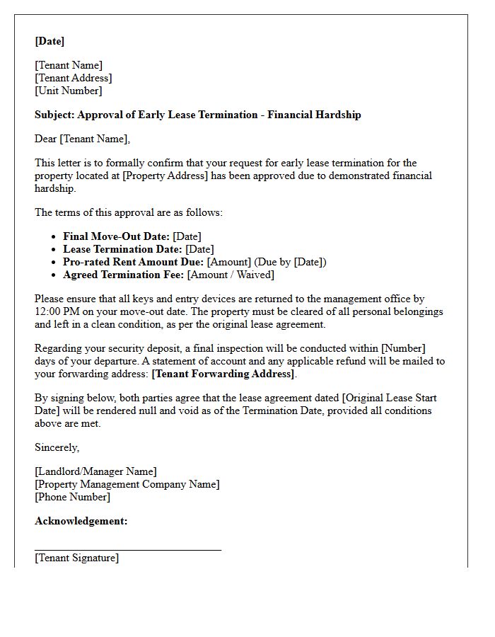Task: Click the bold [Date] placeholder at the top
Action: tap(49, 41)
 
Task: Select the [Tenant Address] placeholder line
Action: tap(73, 78)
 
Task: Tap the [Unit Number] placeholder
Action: tap(68, 91)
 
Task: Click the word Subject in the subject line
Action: tap(54, 115)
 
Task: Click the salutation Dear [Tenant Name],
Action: tap(82, 139)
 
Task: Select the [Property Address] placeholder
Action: tap(165, 176)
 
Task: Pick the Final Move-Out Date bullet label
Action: tap(116, 236)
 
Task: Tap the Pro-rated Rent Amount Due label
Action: tap(133, 262)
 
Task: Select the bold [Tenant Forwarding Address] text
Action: tap(223, 374)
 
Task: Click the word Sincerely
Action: tap(57, 447)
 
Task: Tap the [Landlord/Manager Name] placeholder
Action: tap(95, 471)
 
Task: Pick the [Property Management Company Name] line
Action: tap(127, 484)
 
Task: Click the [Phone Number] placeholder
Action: tap(72, 497)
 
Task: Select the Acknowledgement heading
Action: tap(81, 521)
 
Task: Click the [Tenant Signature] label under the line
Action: tap(76, 558)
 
